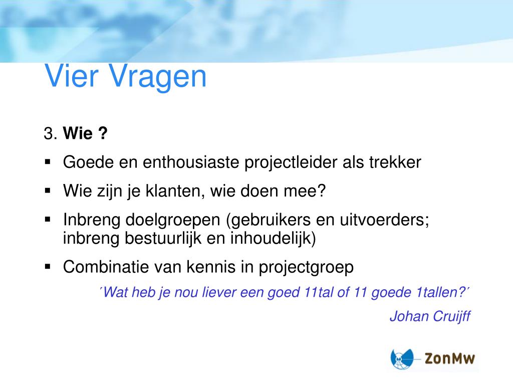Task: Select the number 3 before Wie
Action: tap(49, 133)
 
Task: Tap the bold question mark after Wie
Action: tap(103, 133)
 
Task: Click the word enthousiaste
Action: tap(191, 162)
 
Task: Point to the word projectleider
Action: tap(291, 163)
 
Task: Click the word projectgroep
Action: tap(306, 268)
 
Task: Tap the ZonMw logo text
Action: tap(449, 358)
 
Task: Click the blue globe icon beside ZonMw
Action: tap(402, 359)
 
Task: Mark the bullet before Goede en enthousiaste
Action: tap(48, 162)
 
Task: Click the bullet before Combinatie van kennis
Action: tap(48, 267)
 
